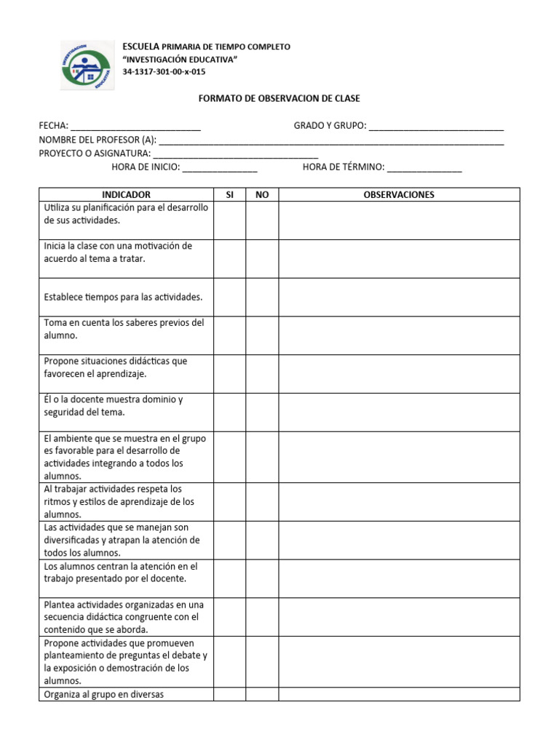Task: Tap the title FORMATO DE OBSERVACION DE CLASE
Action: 279,98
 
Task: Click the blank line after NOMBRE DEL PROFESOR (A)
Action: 331,140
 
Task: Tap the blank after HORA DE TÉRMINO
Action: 424,168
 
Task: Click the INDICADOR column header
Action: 126,195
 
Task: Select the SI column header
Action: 229,195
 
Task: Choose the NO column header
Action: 262,195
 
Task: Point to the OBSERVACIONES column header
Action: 399,195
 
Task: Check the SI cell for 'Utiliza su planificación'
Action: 229,220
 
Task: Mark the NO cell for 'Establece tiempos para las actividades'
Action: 262,298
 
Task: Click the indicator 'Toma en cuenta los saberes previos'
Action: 124,329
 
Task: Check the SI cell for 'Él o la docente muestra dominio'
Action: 229,413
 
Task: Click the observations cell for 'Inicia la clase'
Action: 399,259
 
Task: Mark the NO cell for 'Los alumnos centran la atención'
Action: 262,578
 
